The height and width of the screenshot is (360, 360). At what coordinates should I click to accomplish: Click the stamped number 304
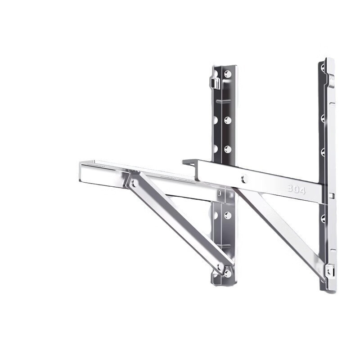[297, 189]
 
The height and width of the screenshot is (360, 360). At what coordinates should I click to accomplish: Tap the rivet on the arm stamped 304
[244, 179]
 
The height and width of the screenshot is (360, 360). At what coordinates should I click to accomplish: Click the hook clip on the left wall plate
[215, 82]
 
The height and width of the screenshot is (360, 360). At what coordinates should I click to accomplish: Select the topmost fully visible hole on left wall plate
[228, 74]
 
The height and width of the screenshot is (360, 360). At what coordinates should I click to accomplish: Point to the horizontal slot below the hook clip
[224, 101]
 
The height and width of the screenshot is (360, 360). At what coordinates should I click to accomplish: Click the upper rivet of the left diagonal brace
[134, 183]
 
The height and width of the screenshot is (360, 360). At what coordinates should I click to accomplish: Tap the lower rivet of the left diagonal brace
[220, 267]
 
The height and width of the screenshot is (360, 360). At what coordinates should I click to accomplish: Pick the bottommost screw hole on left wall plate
[228, 273]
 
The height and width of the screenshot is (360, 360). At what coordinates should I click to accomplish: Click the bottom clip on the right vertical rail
[330, 270]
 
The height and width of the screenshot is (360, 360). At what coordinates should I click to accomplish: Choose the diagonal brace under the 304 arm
[279, 229]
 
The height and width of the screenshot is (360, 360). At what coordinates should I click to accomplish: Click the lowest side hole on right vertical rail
[323, 219]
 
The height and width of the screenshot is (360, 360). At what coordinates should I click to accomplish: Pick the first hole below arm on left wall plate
[228, 216]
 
